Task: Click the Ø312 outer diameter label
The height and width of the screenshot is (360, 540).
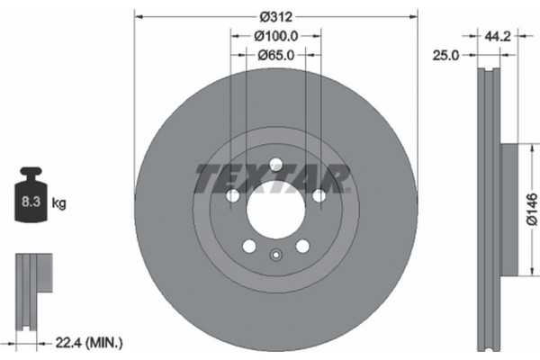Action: pyautogui.click(x=275, y=15)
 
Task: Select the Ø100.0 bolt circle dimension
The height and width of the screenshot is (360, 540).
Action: pyautogui.click(x=275, y=36)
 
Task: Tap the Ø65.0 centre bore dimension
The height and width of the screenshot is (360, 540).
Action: pyautogui.click(x=275, y=55)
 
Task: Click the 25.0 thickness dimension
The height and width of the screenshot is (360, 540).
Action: pyautogui.click(x=447, y=55)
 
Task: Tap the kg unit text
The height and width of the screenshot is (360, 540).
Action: pyautogui.click(x=59, y=204)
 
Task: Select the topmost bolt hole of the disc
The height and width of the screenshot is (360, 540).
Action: pyautogui.click(x=275, y=164)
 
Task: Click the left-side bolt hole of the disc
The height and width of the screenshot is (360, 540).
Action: pyautogui.click(x=233, y=195)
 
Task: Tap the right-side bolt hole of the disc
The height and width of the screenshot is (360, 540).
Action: pyautogui.click(x=319, y=195)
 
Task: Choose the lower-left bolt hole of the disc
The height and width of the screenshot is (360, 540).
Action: pyautogui.click(x=249, y=247)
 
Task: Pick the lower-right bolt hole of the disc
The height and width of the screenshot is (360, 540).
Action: pyautogui.click(x=302, y=247)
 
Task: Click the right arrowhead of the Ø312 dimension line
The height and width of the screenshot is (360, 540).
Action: pyautogui.click(x=414, y=15)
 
